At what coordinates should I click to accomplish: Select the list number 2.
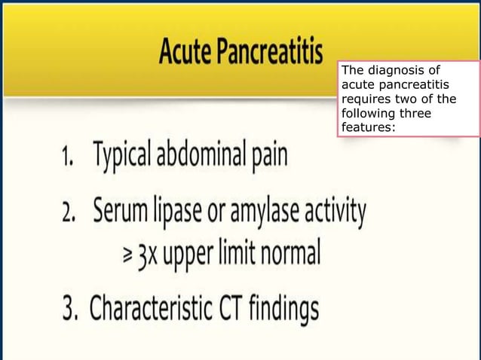[x=69, y=212]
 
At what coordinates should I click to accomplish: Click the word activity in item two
[x=339, y=212]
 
